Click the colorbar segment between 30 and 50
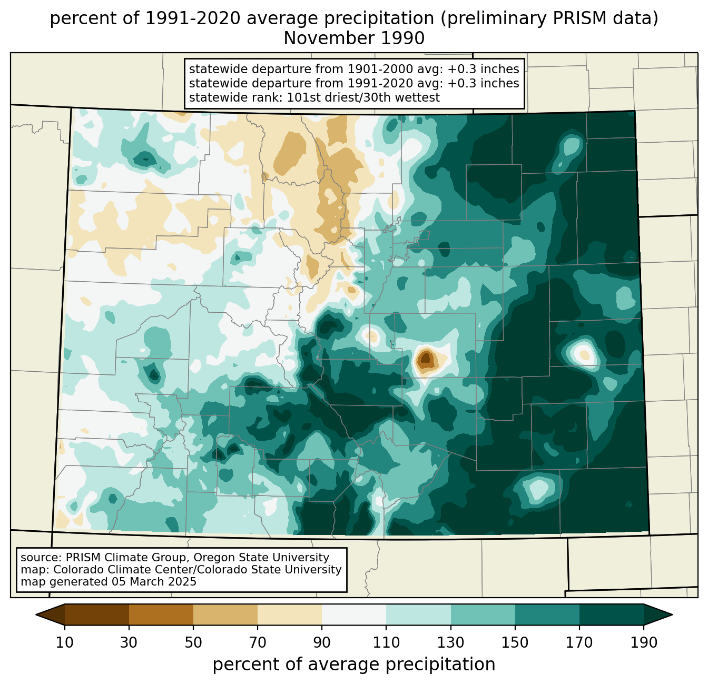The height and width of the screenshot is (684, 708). [161, 614]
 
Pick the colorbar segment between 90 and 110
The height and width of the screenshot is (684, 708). [354, 614]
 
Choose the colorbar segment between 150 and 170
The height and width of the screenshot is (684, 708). [547, 614]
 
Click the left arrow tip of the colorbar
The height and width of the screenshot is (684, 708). [36, 614]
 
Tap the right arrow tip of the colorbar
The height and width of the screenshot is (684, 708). [672, 614]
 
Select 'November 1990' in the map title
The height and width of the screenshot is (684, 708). [354, 38]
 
